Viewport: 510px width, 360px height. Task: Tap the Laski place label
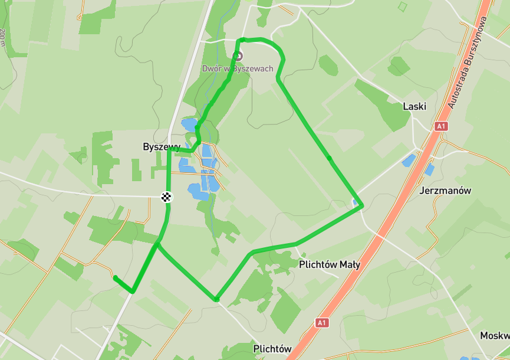[x=414, y=107]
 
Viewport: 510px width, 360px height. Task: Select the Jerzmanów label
[x=446, y=191]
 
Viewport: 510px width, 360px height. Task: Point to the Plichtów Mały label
[x=330, y=264]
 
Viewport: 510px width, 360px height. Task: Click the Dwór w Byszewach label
[x=238, y=68]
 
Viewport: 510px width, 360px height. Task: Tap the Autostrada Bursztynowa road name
[x=468, y=63]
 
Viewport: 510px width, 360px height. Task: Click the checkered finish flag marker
[x=168, y=197]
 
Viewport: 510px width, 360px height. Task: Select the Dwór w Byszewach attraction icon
[x=238, y=56]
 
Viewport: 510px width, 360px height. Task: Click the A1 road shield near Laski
[x=441, y=126]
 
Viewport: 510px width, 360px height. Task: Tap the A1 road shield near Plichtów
[x=321, y=323]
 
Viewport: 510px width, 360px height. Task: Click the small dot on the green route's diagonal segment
[x=328, y=158]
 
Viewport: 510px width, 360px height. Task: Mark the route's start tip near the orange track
[x=116, y=277]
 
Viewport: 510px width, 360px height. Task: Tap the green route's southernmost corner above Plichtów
[x=217, y=300]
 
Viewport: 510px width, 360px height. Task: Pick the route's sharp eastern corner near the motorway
[x=361, y=205]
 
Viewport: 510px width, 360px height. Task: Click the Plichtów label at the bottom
[x=272, y=349]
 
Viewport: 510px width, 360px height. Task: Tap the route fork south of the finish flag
[x=157, y=243]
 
